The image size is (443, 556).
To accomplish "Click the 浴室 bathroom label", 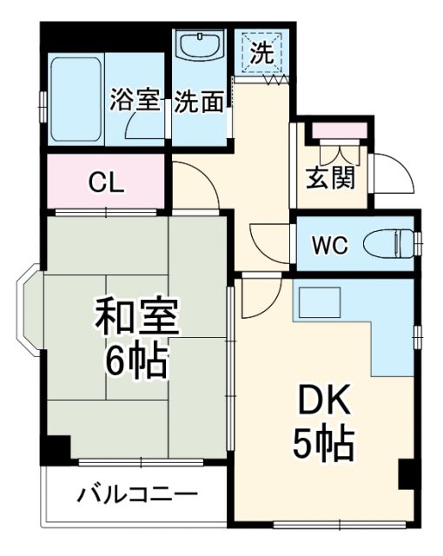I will click(x=135, y=101).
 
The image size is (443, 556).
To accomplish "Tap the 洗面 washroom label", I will click(x=199, y=102).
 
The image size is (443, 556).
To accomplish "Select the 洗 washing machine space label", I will click(x=261, y=51).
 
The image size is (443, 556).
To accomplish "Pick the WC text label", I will click(x=329, y=245).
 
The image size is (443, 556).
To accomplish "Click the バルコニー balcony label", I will click(x=137, y=496).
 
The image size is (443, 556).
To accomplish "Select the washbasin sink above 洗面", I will click(x=200, y=45).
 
